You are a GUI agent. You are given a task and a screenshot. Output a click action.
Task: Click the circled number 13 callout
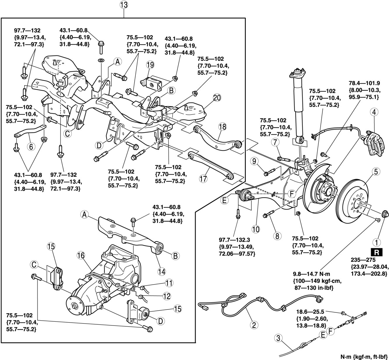tap(124, 5)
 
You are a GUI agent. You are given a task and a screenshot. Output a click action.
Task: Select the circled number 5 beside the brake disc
tap(376, 172)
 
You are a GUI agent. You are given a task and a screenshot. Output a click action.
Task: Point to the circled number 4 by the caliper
tap(374, 112)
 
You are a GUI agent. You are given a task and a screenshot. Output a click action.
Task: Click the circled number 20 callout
tap(217, 98)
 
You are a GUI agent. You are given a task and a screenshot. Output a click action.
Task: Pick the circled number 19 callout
tap(151, 65)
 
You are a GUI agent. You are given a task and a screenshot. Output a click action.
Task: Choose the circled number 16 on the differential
tap(81, 256)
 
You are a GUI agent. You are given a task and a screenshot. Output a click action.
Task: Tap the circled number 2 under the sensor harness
tap(254, 325)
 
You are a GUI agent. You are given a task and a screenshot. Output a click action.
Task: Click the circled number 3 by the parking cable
tap(278, 339)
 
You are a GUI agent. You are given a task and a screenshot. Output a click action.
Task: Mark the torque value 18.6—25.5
tap(307, 312)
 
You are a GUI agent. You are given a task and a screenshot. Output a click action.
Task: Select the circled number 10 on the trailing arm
tap(256, 229)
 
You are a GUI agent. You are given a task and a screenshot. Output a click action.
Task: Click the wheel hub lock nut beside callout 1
tap(385, 214)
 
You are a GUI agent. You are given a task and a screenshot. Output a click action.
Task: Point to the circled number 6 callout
tap(31, 146)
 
